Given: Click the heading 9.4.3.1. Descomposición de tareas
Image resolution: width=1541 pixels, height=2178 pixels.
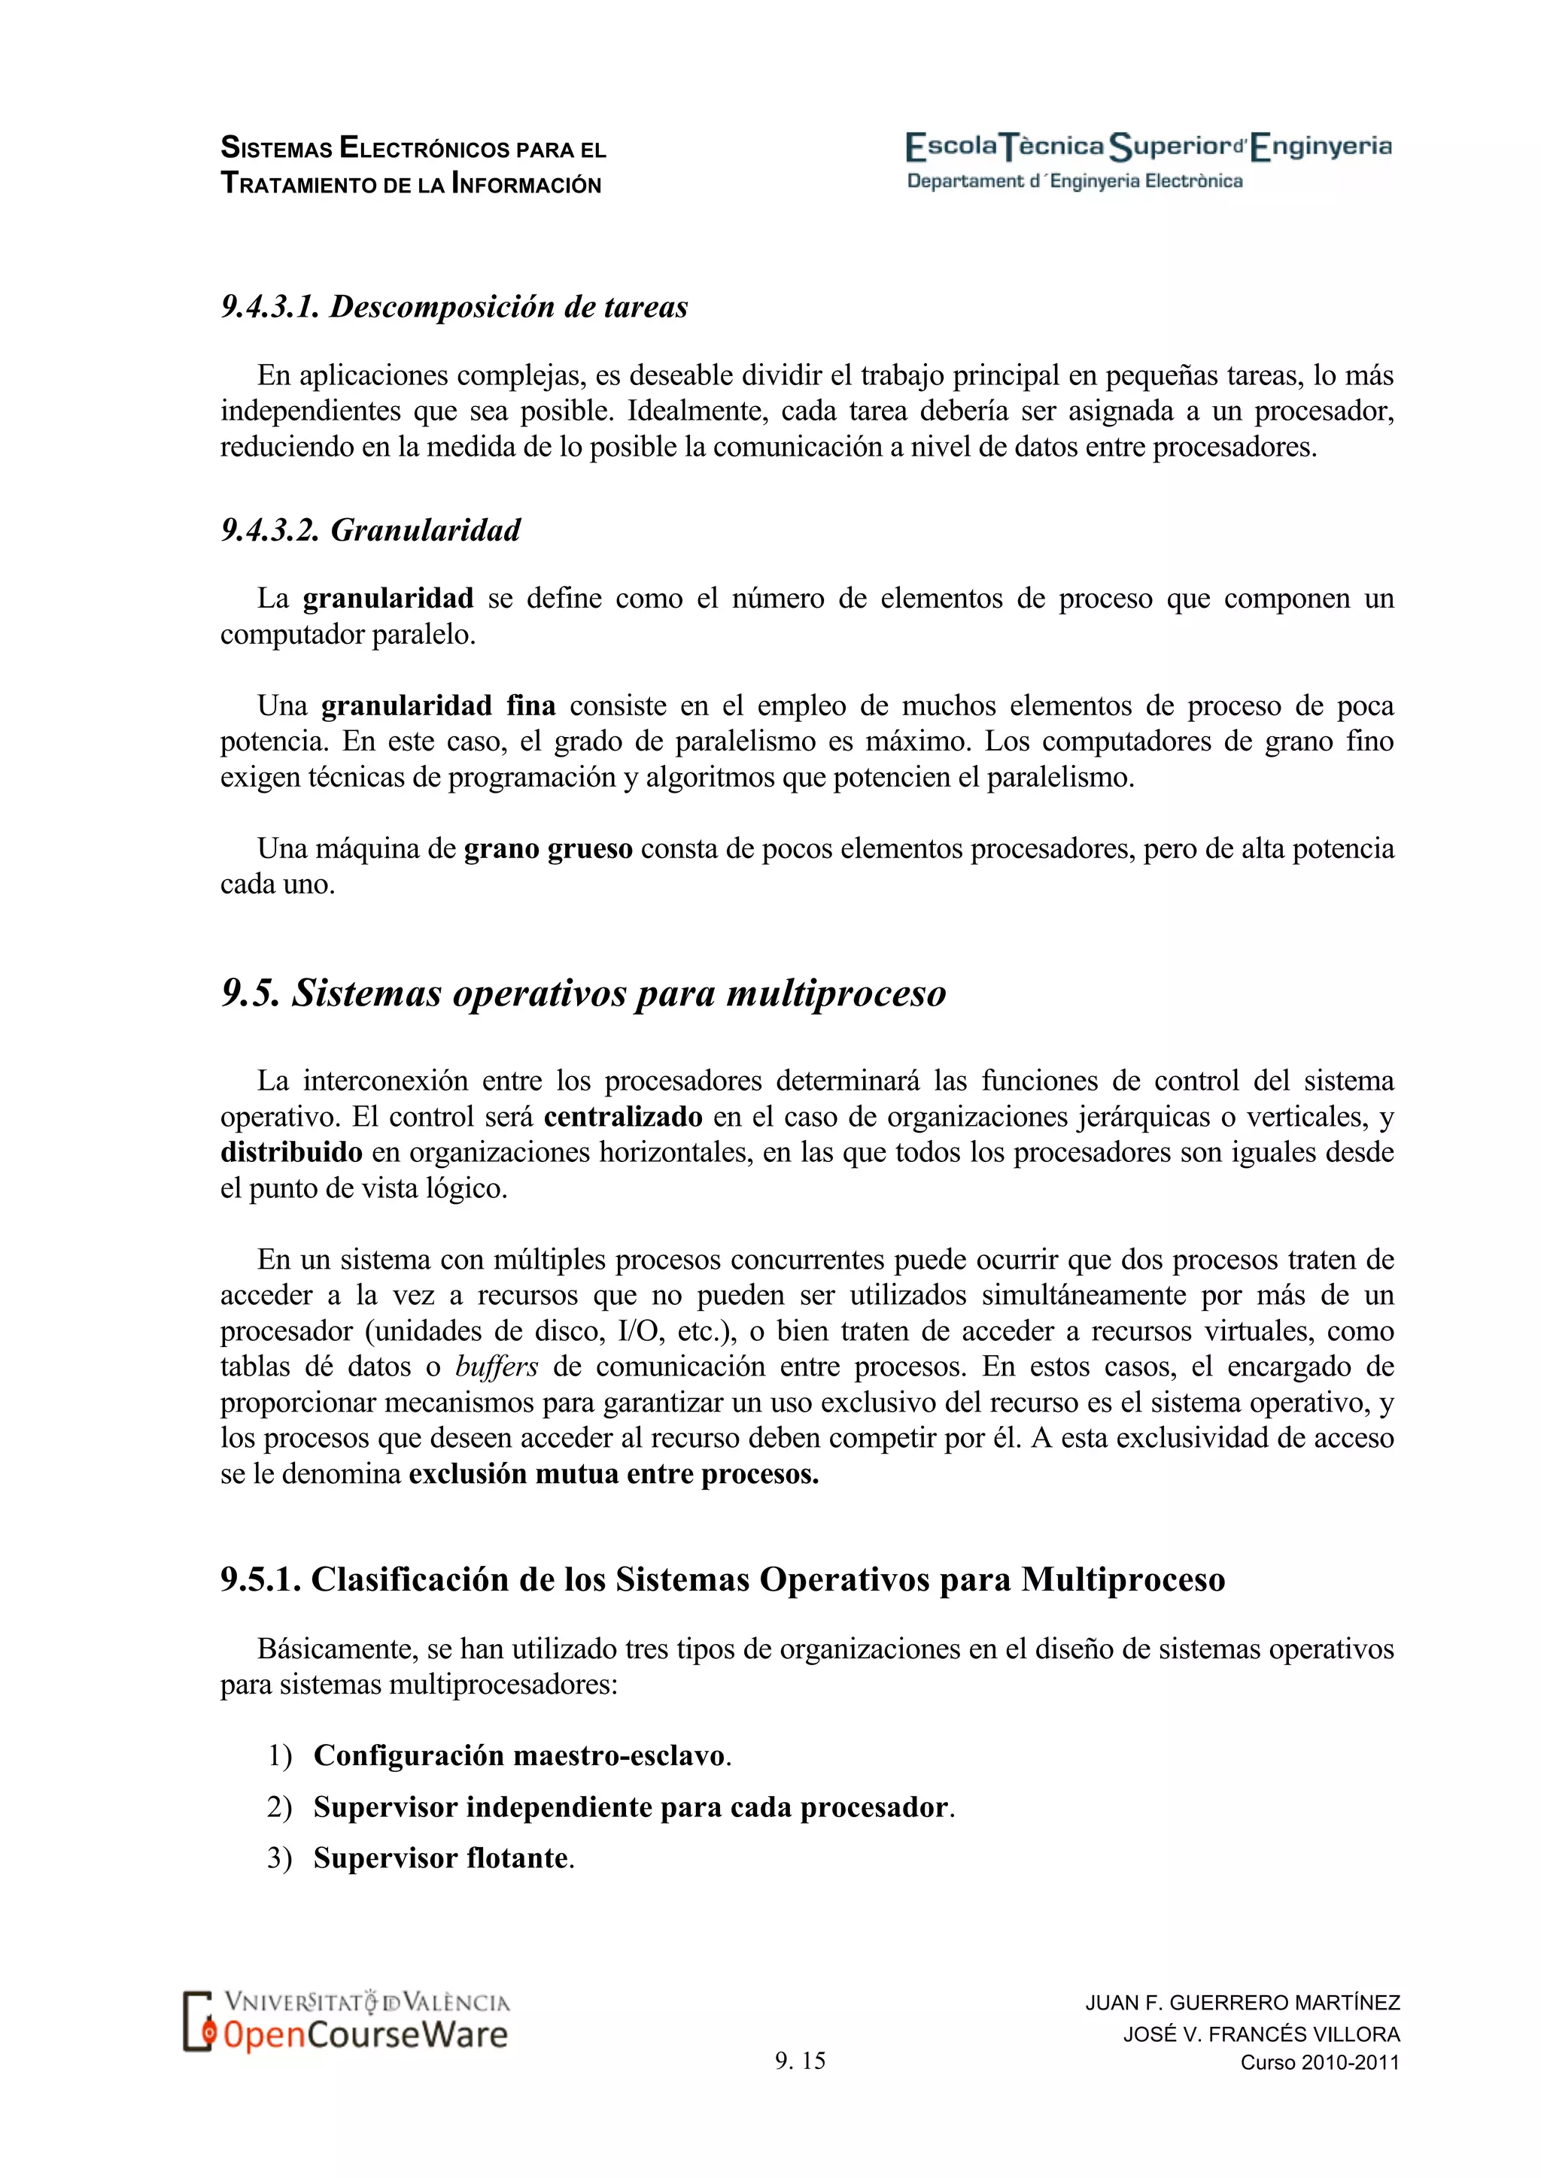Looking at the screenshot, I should (454, 306).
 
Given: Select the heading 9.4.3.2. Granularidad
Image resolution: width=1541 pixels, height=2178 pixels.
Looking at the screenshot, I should (370, 529).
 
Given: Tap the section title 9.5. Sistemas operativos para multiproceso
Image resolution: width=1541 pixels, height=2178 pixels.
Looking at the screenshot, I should (584, 993).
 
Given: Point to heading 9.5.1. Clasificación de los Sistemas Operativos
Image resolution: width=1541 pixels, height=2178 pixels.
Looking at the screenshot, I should (722, 1579).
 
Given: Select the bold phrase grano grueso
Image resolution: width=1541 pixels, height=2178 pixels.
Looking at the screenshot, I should (548, 848).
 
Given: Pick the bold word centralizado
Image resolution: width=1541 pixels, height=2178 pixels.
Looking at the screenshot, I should (622, 1117).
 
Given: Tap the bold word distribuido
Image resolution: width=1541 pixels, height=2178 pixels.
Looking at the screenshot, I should (291, 1153).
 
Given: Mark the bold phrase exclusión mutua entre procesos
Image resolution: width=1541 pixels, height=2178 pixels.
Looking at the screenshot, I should (613, 1473).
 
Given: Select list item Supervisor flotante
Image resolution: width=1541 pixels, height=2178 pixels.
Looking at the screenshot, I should (441, 1858).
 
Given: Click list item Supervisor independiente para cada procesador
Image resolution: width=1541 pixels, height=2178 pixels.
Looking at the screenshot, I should (631, 1806).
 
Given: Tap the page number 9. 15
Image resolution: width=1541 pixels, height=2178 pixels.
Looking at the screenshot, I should (800, 2061).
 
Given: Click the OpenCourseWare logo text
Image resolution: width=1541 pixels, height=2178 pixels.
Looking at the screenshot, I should (366, 2035).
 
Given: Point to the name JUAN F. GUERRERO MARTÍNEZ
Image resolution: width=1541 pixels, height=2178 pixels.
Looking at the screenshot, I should (1242, 2003).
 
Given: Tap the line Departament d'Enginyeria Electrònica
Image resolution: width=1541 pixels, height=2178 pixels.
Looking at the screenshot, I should (1074, 181).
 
